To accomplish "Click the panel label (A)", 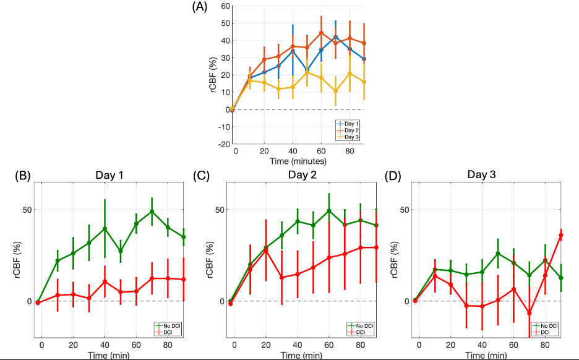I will pos(200,7).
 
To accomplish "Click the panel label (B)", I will pos(23,175).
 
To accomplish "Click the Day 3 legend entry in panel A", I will pos(352,137).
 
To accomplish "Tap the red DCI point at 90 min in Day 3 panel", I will pos(560,236).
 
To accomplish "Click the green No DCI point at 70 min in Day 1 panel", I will pos(152,212).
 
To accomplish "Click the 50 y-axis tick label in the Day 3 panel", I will pos(405,210).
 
